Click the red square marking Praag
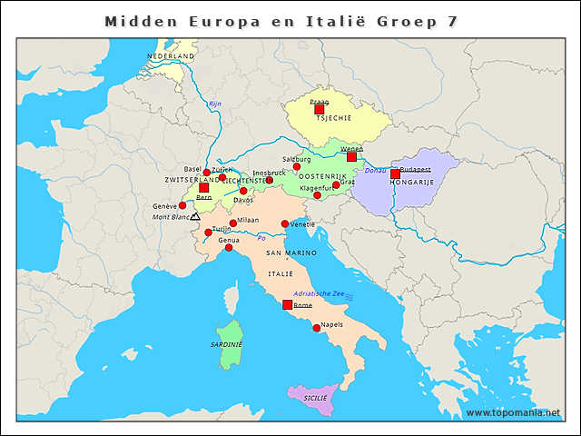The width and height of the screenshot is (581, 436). [320, 109]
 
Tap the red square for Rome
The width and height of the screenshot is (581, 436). [288, 305]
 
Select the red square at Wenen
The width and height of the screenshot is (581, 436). [352, 156]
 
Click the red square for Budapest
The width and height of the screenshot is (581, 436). [395, 174]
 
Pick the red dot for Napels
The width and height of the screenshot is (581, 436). [316, 328]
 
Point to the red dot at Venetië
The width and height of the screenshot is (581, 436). [285, 223]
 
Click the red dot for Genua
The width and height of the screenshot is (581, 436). [229, 248]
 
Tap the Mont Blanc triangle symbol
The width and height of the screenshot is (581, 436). [195, 217]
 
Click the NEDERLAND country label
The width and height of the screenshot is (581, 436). [171, 56]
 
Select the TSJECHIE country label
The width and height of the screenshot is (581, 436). [333, 118]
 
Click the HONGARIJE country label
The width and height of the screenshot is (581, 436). [412, 183]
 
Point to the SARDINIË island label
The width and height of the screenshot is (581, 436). [227, 345]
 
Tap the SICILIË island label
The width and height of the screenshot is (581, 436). [315, 399]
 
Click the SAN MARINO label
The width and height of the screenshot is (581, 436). [291, 252]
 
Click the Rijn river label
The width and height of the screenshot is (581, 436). [215, 104]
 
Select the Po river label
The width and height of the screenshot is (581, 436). [262, 239]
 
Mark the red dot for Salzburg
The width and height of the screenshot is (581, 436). [297, 167]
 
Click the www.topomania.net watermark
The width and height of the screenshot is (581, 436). [513, 413]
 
